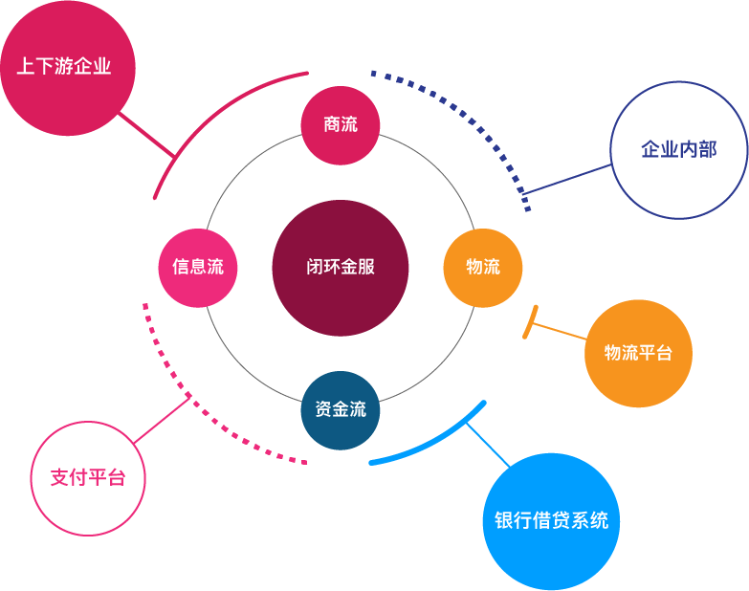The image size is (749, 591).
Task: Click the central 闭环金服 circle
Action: [341, 268]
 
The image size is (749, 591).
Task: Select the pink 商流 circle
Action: [341, 124]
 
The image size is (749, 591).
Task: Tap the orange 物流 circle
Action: [483, 268]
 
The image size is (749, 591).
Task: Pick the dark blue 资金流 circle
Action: [341, 410]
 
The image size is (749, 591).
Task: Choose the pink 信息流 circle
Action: [198, 268]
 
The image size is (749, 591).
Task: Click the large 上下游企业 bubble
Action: [67, 68]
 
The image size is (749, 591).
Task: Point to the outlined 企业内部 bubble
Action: [678, 150]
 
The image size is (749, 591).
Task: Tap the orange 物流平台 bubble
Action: [638, 353]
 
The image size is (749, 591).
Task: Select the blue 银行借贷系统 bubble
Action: [551, 521]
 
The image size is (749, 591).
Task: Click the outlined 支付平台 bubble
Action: [88, 478]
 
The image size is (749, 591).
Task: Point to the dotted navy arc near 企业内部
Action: [469, 115]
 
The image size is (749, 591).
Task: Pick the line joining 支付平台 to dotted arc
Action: [162, 419]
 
